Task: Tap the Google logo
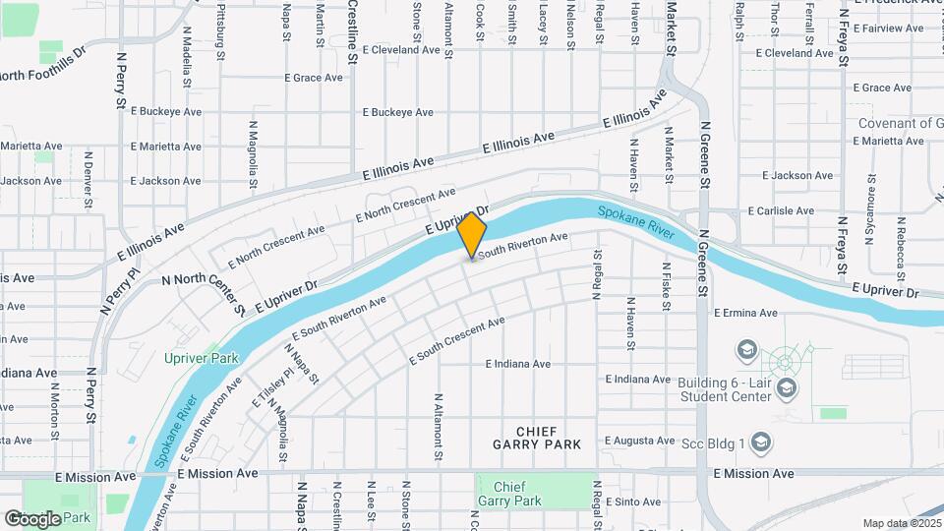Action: pyautogui.click(x=32, y=518)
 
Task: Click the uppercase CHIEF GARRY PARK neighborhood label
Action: pyautogui.click(x=537, y=438)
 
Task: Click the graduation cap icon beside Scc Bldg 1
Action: pyautogui.click(x=759, y=443)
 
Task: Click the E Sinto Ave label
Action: pyautogui.click(x=632, y=501)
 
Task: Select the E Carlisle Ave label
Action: pyautogui.click(x=780, y=210)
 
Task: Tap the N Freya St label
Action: pyautogui.click(x=842, y=243)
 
